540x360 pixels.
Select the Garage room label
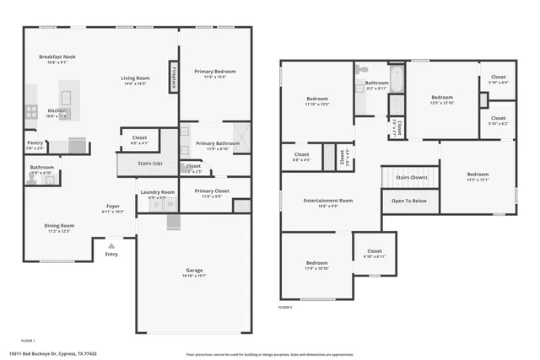pos(194,271)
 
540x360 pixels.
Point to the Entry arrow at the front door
pos(111,245)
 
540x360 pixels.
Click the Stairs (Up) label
pos(151,162)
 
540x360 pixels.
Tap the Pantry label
pos(35,143)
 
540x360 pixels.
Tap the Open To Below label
pos(409,201)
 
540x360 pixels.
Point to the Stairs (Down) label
pos(410,178)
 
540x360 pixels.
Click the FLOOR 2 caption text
pos(285,308)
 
